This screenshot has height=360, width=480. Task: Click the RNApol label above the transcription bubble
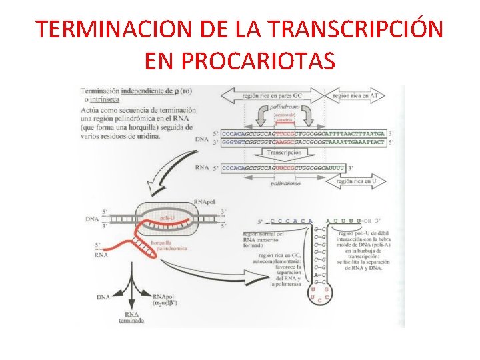pos(204,201)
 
